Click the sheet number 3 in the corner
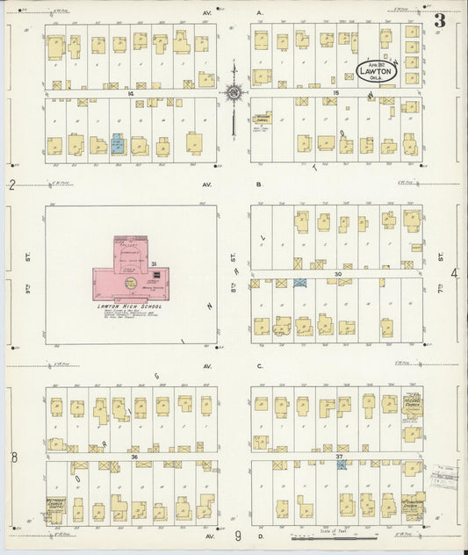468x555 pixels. click(438, 18)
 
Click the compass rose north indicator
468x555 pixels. click(234, 90)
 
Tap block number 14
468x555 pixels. click(130, 92)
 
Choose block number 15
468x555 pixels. click(335, 92)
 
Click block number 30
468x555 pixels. click(336, 274)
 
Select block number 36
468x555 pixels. click(133, 457)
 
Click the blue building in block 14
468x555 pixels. click(118, 143)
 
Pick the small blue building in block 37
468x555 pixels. click(341, 464)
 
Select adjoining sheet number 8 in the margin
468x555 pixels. click(13, 457)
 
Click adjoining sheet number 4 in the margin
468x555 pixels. click(454, 274)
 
